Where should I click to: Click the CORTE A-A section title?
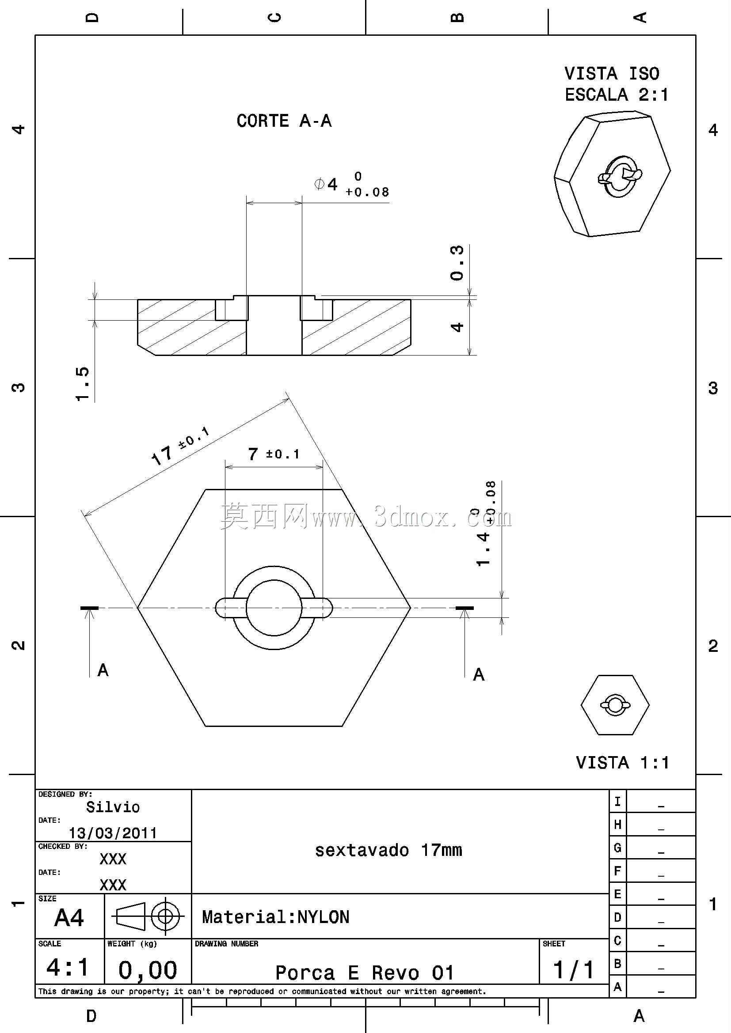coord(284,121)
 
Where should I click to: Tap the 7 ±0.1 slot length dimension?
coord(274,454)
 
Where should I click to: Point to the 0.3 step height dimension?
coord(457,263)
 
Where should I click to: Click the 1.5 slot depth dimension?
coord(82,384)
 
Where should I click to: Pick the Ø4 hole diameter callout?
coord(351,184)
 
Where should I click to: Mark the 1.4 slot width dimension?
coord(485,523)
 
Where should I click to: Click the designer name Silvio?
coord(113,807)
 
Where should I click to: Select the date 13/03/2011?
coord(113,833)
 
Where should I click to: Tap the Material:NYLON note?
coord(275,917)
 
